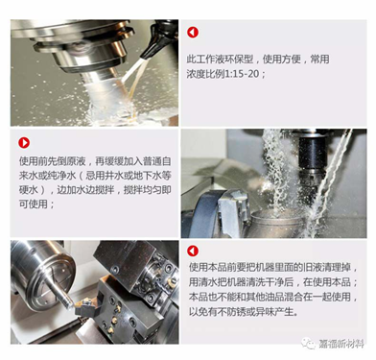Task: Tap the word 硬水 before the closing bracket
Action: pos(29,189)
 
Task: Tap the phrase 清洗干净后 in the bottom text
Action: pos(271,282)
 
